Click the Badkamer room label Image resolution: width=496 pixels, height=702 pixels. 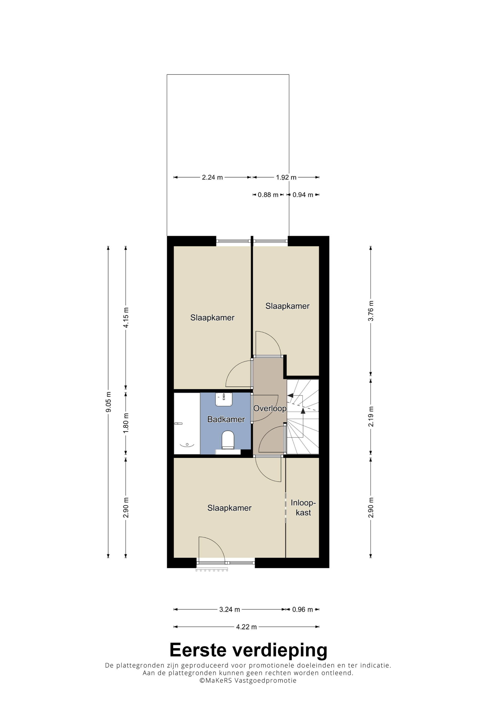point(226,419)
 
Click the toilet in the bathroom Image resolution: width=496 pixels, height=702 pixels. point(228,440)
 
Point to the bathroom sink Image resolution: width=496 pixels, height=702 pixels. point(224,399)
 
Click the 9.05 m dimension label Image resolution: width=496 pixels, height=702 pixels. point(108,402)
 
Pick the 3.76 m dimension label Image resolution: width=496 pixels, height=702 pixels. point(371,311)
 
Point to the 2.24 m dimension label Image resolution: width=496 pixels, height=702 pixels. point(212,177)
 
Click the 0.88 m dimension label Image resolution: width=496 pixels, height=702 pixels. point(268,195)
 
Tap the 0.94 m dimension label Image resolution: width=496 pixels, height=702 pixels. point(303,195)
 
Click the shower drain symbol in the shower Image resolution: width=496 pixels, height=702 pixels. point(187,444)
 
